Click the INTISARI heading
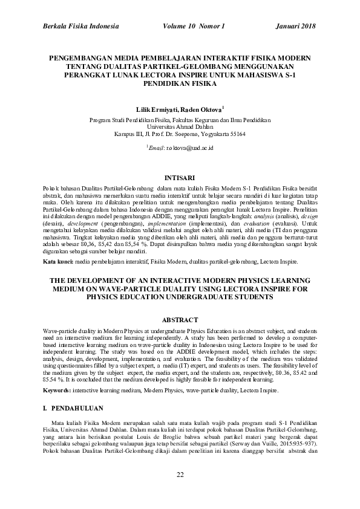click(x=179, y=178)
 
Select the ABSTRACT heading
click(x=179, y=319)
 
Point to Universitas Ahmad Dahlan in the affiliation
click(x=179, y=127)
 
